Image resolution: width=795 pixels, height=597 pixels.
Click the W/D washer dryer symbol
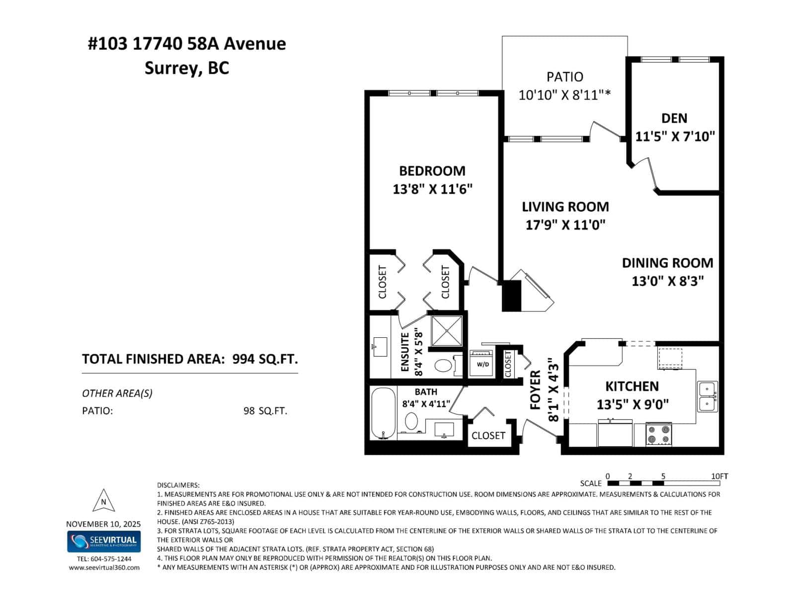pyautogui.click(x=482, y=364)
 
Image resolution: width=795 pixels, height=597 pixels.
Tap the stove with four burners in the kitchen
pyautogui.click(x=658, y=434)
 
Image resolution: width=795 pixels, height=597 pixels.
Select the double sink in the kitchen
pyautogui.click(x=708, y=396)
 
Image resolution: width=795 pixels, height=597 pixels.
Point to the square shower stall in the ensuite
pyautogui.click(x=446, y=330)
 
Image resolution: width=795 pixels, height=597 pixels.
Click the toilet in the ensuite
pyautogui.click(x=443, y=366)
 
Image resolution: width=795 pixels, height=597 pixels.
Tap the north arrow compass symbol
pyautogui.click(x=103, y=500)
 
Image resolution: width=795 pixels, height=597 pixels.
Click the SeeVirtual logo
pyautogui.click(x=104, y=541)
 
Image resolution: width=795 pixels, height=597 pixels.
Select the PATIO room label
pyautogui.click(x=564, y=77)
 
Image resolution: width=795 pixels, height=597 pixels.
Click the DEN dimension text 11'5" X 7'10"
pyautogui.click(x=675, y=136)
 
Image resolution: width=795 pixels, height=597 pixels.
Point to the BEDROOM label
pyautogui.click(x=432, y=171)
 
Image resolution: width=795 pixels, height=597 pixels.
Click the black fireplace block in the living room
pyautogui.click(x=512, y=296)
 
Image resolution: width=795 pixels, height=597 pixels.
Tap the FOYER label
pyautogui.click(x=535, y=391)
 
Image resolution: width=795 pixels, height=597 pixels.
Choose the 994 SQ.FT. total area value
pyautogui.click(x=265, y=359)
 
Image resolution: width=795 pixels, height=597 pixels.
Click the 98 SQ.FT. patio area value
pyautogui.click(x=265, y=411)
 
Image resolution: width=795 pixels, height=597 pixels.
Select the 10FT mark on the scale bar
pyautogui.click(x=719, y=477)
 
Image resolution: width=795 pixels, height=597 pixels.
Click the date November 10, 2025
pyautogui.click(x=103, y=524)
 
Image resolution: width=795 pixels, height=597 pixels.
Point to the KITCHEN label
pyautogui.click(x=632, y=387)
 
